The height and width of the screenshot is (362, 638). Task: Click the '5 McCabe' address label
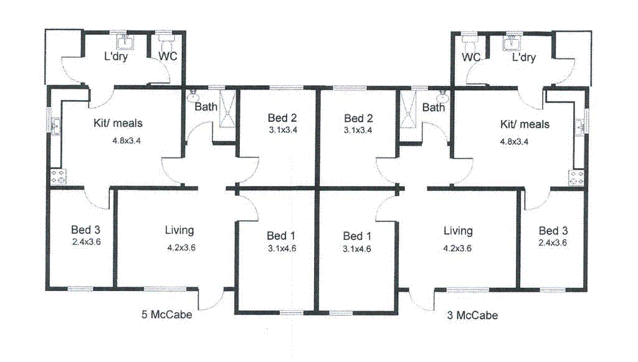(166, 314)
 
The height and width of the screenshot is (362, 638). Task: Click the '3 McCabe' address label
(473, 315)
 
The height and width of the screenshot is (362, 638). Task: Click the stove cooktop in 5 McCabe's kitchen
(58, 177)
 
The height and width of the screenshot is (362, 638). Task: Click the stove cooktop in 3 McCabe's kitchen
(576, 177)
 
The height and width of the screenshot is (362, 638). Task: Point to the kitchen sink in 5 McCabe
(56, 127)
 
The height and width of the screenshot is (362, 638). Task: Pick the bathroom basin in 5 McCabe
(194, 96)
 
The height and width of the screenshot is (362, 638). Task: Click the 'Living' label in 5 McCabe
(179, 230)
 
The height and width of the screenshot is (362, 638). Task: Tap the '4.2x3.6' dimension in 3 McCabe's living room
(457, 247)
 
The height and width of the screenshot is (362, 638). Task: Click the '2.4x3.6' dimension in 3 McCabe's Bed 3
(553, 243)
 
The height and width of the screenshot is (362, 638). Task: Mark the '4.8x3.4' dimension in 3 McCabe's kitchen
(514, 141)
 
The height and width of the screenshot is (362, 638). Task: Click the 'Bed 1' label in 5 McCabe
(281, 236)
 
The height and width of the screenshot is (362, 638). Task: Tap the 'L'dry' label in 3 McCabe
(523, 57)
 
